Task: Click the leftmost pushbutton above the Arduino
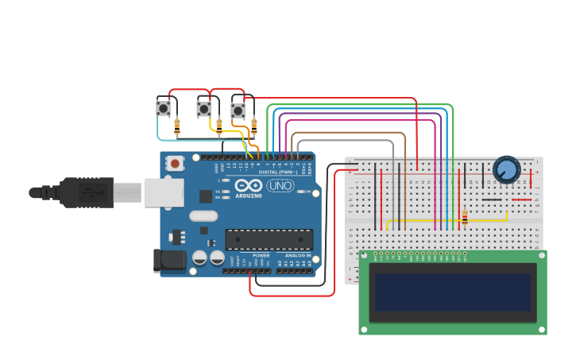coord(163,107)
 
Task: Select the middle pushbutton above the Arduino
coord(204,108)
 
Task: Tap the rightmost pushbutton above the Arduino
coord(238,110)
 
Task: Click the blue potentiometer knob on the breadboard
coord(506,168)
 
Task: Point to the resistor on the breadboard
coord(464,217)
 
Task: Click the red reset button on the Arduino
coord(174,163)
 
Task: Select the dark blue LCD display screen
coord(453,292)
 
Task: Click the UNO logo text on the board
coord(280,185)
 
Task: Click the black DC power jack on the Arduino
coord(168,260)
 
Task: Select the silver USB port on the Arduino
coord(165,192)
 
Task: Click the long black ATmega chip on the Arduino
coord(269,239)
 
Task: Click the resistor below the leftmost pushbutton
coord(176,126)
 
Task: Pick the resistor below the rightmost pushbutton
coord(254,124)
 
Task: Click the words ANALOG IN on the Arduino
coord(297,255)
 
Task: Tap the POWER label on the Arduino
coord(261,255)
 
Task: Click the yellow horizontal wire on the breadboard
coord(445,220)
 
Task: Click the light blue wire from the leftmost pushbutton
coord(199,141)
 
